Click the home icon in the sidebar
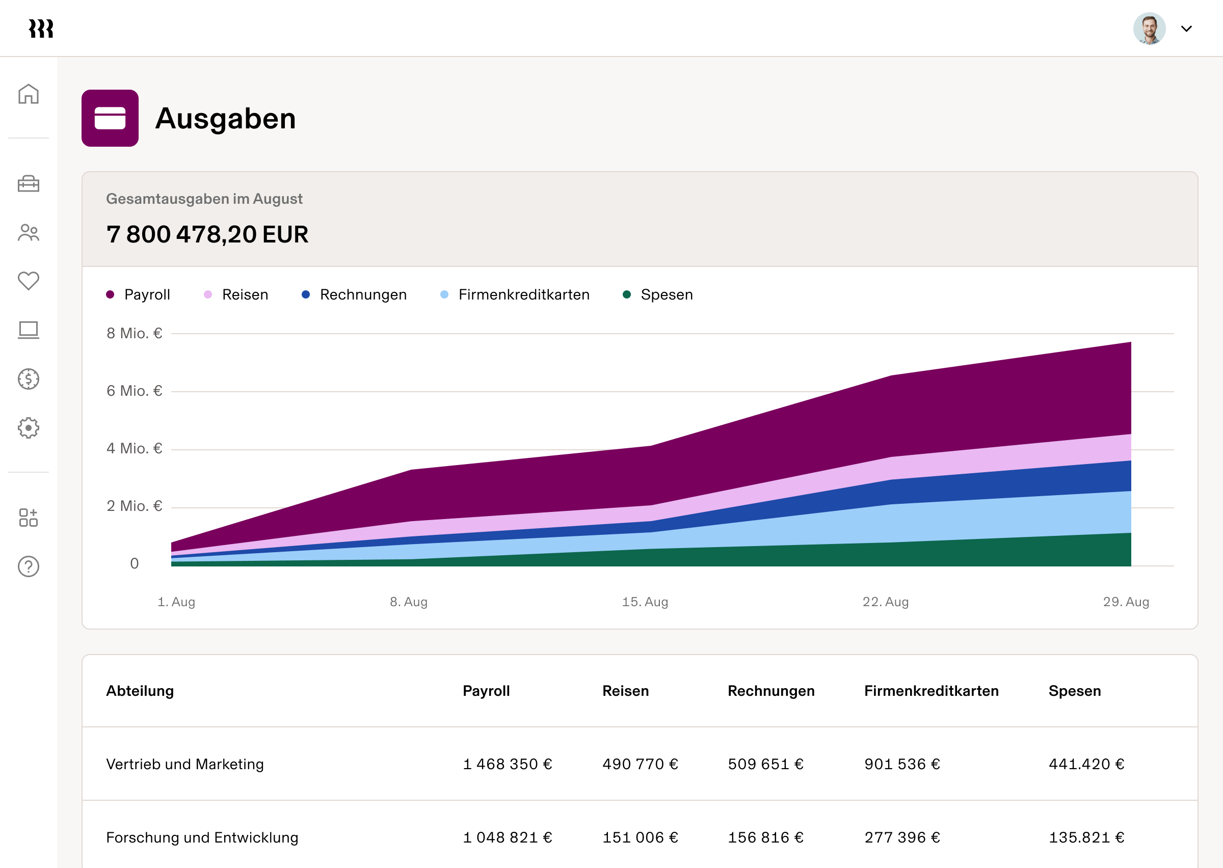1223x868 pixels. pos(29,94)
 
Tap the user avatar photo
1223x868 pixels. pos(1149,29)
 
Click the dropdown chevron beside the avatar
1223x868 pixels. pos(1186,29)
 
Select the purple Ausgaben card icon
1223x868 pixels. pos(110,118)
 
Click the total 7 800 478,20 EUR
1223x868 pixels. pos(207,235)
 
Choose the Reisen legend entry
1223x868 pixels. pos(236,294)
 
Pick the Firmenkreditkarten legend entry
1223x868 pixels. pos(515,294)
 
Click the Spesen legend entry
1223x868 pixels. pos(658,294)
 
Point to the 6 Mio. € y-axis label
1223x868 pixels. pos(134,391)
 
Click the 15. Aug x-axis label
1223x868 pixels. pos(645,602)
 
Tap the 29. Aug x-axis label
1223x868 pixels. pos(1126,602)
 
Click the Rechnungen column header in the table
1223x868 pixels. pos(771,691)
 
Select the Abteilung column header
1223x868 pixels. pos(140,691)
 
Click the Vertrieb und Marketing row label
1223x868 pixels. pos(185,764)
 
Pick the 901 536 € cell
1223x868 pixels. pos(902,764)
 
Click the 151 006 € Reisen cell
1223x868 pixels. pos(640,837)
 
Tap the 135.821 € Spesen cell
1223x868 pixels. pos(1086,837)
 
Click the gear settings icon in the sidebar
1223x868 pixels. pos(29,427)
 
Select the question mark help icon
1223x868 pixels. pos(29,566)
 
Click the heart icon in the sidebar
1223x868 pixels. pos(29,281)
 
